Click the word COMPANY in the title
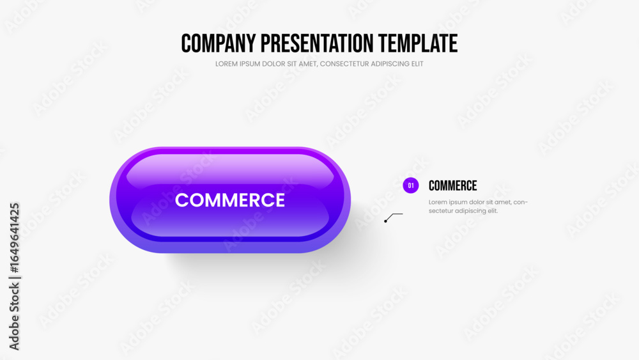219,43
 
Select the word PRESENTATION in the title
317,43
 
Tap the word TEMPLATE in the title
418,43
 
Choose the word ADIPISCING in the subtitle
390,64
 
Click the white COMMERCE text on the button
230,200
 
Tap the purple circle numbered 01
411,185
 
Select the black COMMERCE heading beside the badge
453,186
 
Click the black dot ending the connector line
385,221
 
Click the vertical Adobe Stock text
14,317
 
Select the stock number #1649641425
14,238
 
